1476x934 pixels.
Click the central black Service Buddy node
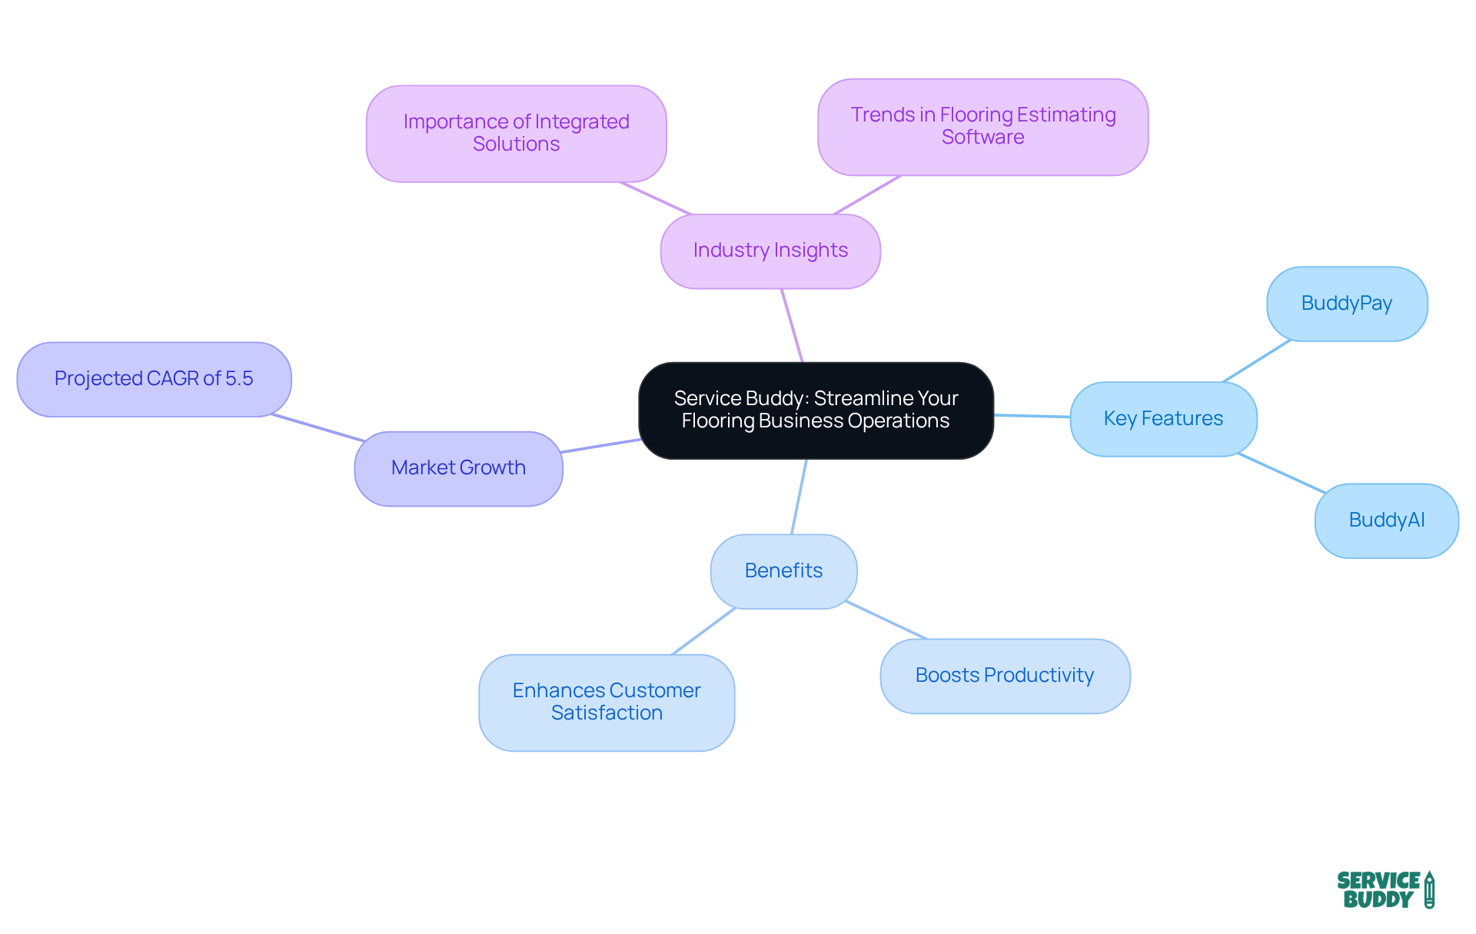click(x=816, y=410)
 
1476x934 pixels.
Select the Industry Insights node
click(x=770, y=251)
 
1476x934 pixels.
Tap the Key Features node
click(x=1163, y=419)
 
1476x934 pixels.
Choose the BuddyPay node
click(x=1347, y=304)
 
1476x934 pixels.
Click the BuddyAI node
click(x=1386, y=520)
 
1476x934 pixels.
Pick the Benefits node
click(x=783, y=571)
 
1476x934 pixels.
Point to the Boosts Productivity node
click(x=1004, y=676)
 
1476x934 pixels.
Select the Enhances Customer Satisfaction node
click(x=606, y=702)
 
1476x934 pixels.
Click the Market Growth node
click(x=458, y=468)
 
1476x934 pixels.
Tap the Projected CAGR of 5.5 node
click(x=154, y=379)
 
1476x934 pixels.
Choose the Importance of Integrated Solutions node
click(x=516, y=134)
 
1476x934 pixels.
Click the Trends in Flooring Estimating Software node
click(x=982, y=127)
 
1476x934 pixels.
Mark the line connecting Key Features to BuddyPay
click(x=1256, y=361)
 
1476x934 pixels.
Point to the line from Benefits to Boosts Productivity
click(x=886, y=620)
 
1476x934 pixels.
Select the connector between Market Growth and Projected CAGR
click(x=317, y=427)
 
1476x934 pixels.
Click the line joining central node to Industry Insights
click(x=792, y=325)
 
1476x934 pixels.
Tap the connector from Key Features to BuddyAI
click(x=1282, y=474)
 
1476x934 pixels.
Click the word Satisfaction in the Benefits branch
click(x=607, y=713)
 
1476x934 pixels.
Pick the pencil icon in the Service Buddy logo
click(x=1429, y=890)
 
